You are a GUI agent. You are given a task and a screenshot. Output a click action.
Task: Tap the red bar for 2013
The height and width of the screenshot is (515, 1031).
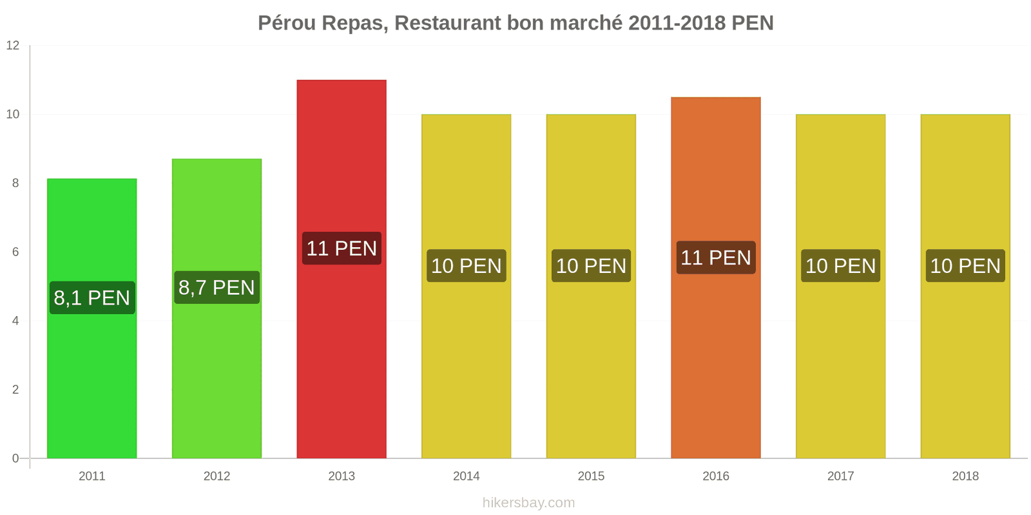pos(342,360)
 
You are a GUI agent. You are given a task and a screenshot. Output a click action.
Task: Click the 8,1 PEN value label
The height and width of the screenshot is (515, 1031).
pos(92,297)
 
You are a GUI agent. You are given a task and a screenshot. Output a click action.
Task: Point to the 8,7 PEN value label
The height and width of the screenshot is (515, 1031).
pos(217,287)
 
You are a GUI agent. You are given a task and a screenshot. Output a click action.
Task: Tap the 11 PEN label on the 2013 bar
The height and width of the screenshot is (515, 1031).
pos(342,248)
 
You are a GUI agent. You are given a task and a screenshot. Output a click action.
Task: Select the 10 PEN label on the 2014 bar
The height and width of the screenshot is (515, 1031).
pos(466,265)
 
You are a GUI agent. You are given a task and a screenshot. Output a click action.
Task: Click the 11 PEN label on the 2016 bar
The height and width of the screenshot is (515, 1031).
pos(716,257)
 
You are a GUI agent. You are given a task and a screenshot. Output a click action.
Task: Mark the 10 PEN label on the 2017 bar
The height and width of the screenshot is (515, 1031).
pos(840,265)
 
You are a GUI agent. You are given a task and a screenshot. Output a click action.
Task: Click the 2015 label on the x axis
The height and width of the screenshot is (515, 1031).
pos(591,476)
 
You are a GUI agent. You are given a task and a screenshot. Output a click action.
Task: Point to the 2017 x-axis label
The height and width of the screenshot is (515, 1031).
pos(840,476)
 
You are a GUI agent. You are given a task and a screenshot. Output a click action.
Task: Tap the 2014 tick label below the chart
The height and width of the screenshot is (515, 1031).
pos(466,476)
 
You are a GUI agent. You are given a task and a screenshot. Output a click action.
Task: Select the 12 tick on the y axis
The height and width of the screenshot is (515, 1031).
pos(13,45)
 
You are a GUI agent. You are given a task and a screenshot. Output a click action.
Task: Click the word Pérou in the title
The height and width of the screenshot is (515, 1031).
pos(287,23)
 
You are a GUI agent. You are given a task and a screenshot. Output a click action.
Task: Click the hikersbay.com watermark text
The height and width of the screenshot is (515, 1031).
pos(528,503)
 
